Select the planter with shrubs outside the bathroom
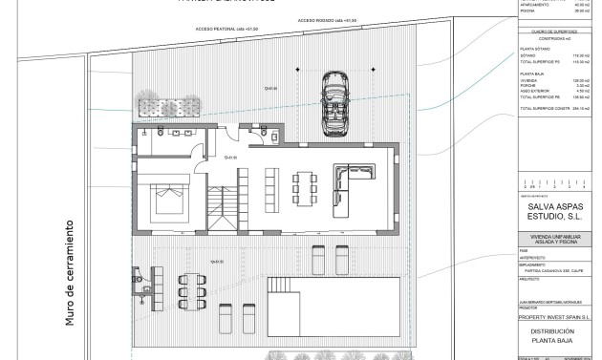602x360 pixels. click(154, 106)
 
